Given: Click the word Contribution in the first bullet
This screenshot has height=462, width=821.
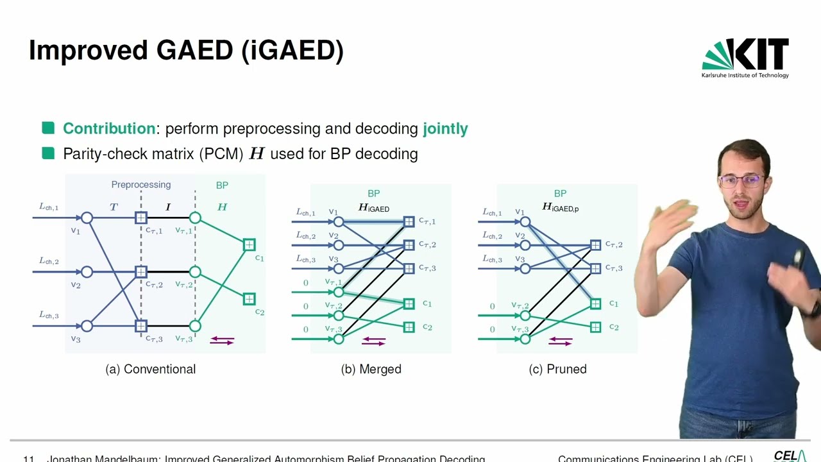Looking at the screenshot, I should point(109,128).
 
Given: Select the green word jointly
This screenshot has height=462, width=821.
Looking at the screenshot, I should point(445,128).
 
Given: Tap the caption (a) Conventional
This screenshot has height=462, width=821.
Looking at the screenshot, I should point(151,369).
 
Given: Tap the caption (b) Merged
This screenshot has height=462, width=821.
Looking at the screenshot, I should point(371,369).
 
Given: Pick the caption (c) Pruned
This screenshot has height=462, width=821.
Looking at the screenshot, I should point(557,369).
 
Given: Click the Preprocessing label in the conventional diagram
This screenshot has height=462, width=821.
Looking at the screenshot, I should point(141,185).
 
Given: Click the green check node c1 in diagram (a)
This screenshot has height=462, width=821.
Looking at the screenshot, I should point(249,244).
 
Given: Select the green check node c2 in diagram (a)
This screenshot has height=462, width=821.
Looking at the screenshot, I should point(249,299).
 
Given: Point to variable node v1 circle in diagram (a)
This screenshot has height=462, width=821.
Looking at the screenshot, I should point(87,218).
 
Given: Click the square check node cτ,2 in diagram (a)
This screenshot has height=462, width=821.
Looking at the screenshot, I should point(141,272).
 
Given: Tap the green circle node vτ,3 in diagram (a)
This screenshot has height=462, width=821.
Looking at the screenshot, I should point(195,326).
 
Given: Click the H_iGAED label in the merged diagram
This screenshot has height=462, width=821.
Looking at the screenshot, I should point(373,208).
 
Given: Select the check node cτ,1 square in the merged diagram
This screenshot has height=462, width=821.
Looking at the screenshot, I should point(409,222).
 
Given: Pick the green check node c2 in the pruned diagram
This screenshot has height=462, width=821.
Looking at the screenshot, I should point(595,327).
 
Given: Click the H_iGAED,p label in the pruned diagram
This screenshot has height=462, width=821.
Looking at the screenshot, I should point(560,208).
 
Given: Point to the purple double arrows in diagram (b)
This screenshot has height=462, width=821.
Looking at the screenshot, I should point(374,341).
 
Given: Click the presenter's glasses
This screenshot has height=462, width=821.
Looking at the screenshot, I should point(741,180).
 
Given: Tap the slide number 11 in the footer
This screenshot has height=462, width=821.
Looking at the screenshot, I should point(28,459).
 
